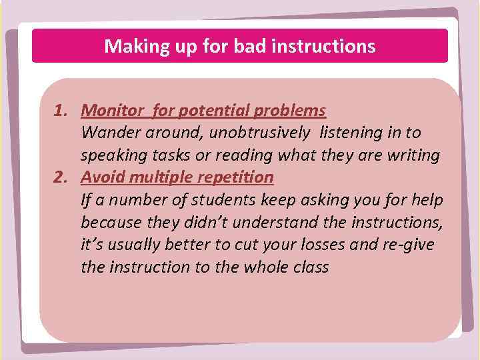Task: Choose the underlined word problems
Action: point(294,110)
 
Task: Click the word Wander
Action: point(108,133)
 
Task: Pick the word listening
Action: point(349,133)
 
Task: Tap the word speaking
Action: point(109,155)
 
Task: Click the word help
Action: point(428,200)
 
